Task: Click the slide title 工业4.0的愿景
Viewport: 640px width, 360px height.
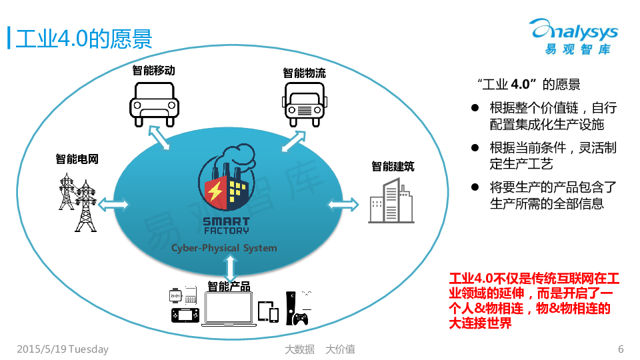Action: coord(83,38)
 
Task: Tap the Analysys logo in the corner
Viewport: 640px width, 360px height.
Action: coord(573,37)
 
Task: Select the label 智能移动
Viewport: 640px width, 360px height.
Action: coord(153,70)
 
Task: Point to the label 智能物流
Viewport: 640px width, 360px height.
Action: coord(304,73)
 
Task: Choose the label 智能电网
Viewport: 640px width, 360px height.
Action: coord(77,159)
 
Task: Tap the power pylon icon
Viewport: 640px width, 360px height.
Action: coord(77,200)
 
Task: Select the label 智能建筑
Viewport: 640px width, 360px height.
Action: coord(393,166)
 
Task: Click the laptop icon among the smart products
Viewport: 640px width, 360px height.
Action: coord(229,309)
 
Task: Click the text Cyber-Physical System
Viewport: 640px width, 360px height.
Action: coord(224,248)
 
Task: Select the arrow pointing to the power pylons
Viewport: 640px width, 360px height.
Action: coord(114,203)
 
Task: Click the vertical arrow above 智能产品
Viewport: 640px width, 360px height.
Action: coord(231,268)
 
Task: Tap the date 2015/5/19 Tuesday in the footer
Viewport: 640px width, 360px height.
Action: coord(63,349)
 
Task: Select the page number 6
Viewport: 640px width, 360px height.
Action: coord(621,349)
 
